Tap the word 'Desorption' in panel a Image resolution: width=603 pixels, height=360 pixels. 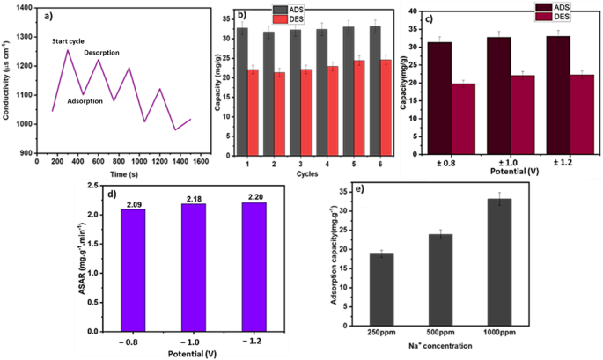click(x=101, y=53)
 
